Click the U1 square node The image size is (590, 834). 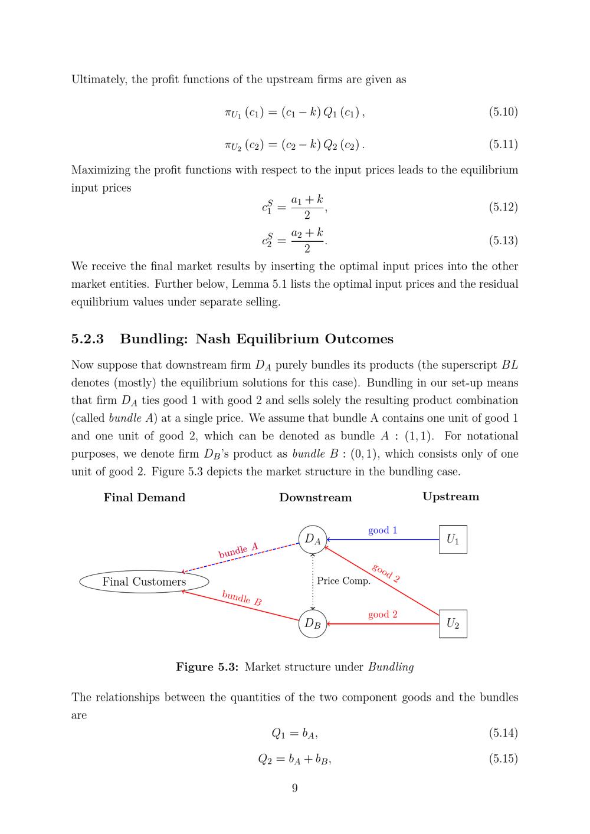click(x=453, y=539)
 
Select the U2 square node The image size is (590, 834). click(x=453, y=623)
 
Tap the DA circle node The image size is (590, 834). click(x=313, y=539)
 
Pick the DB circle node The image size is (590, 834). click(x=313, y=623)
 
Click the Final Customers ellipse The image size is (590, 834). click(x=144, y=582)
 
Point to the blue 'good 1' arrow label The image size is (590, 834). click(x=382, y=530)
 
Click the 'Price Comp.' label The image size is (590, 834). click(x=343, y=581)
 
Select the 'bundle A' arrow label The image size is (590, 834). click(x=238, y=550)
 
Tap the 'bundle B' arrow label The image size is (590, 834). click(x=242, y=598)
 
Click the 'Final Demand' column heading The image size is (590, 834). click(x=145, y=497)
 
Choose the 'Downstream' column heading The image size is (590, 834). click(x=315, y=497)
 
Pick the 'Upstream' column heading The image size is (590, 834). click(x=451, y=497)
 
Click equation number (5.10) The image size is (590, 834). click(x=503, y=111)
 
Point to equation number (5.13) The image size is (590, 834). click(x=503, y=240)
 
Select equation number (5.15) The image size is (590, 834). click(x=503, y=759)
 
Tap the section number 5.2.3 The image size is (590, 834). click(x=87, y=339)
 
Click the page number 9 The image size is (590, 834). click(x=295, y=788)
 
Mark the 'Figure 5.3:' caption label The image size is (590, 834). click(x=207, y=667)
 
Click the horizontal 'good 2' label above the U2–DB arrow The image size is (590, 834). click(x=382, y=615)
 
